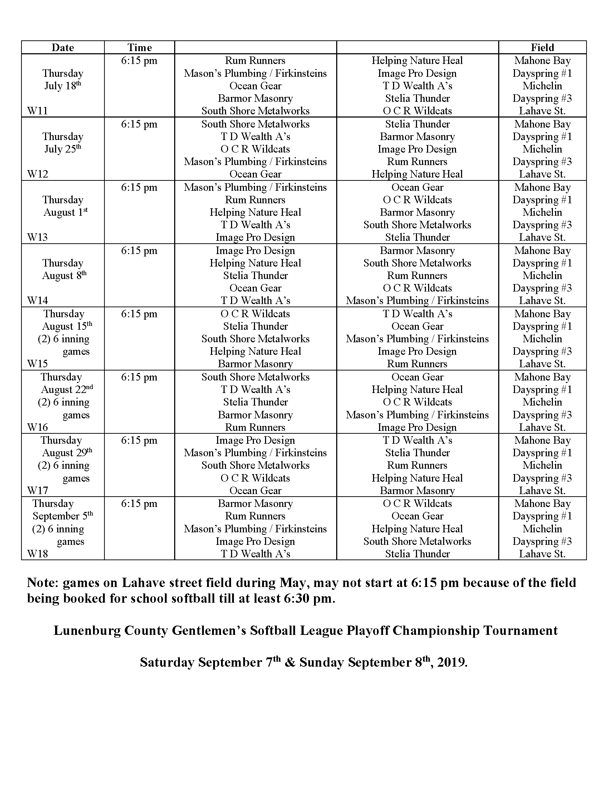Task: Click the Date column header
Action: (x=63, y=48)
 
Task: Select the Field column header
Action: (x=542, y=48)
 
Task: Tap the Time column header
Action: (x=139, y=48)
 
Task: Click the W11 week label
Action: (x=38, y=111)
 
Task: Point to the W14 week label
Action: (x=38, y=300)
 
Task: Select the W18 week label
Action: (x=38, y=553)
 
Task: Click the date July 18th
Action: (x=63, y=86)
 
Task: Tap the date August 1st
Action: (x=65, y=212)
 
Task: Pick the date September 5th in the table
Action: (x=63, y=516)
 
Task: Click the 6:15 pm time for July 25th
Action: (x=139, y=124)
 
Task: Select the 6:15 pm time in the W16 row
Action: (x=139, y=377)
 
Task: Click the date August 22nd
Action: (x=67, y=390)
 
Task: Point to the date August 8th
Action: (x=64, y=276)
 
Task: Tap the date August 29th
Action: (x=67, y=453)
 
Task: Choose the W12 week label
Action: (x=38, y=174)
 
